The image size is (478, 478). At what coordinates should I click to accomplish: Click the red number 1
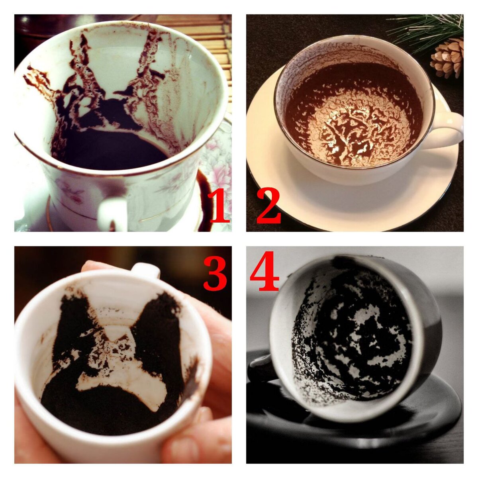pos(219,206)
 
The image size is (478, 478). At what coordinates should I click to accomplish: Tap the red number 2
pos(268,206)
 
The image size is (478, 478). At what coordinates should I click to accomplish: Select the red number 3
pos(215,274)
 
